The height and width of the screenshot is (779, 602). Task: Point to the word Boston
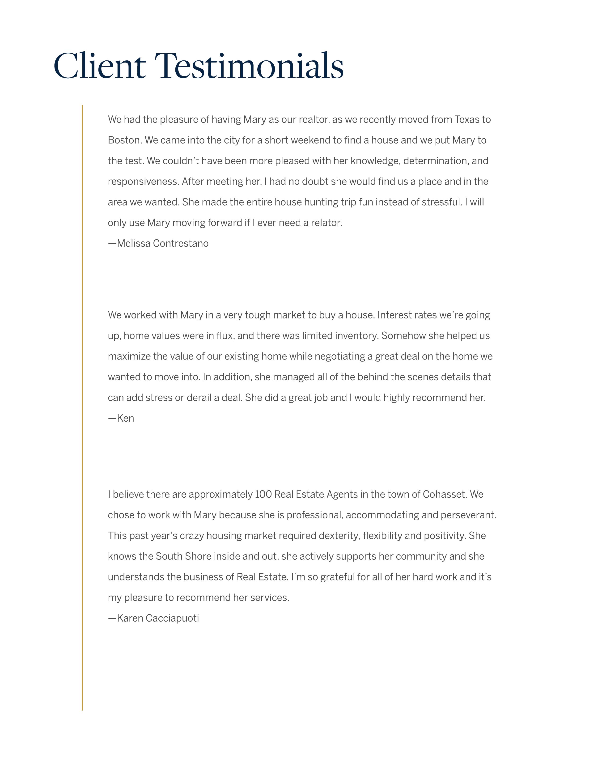(x=124, y=140)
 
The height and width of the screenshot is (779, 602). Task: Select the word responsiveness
(x=143, y=182)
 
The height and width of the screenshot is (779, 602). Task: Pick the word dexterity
(x=339, y=536)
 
